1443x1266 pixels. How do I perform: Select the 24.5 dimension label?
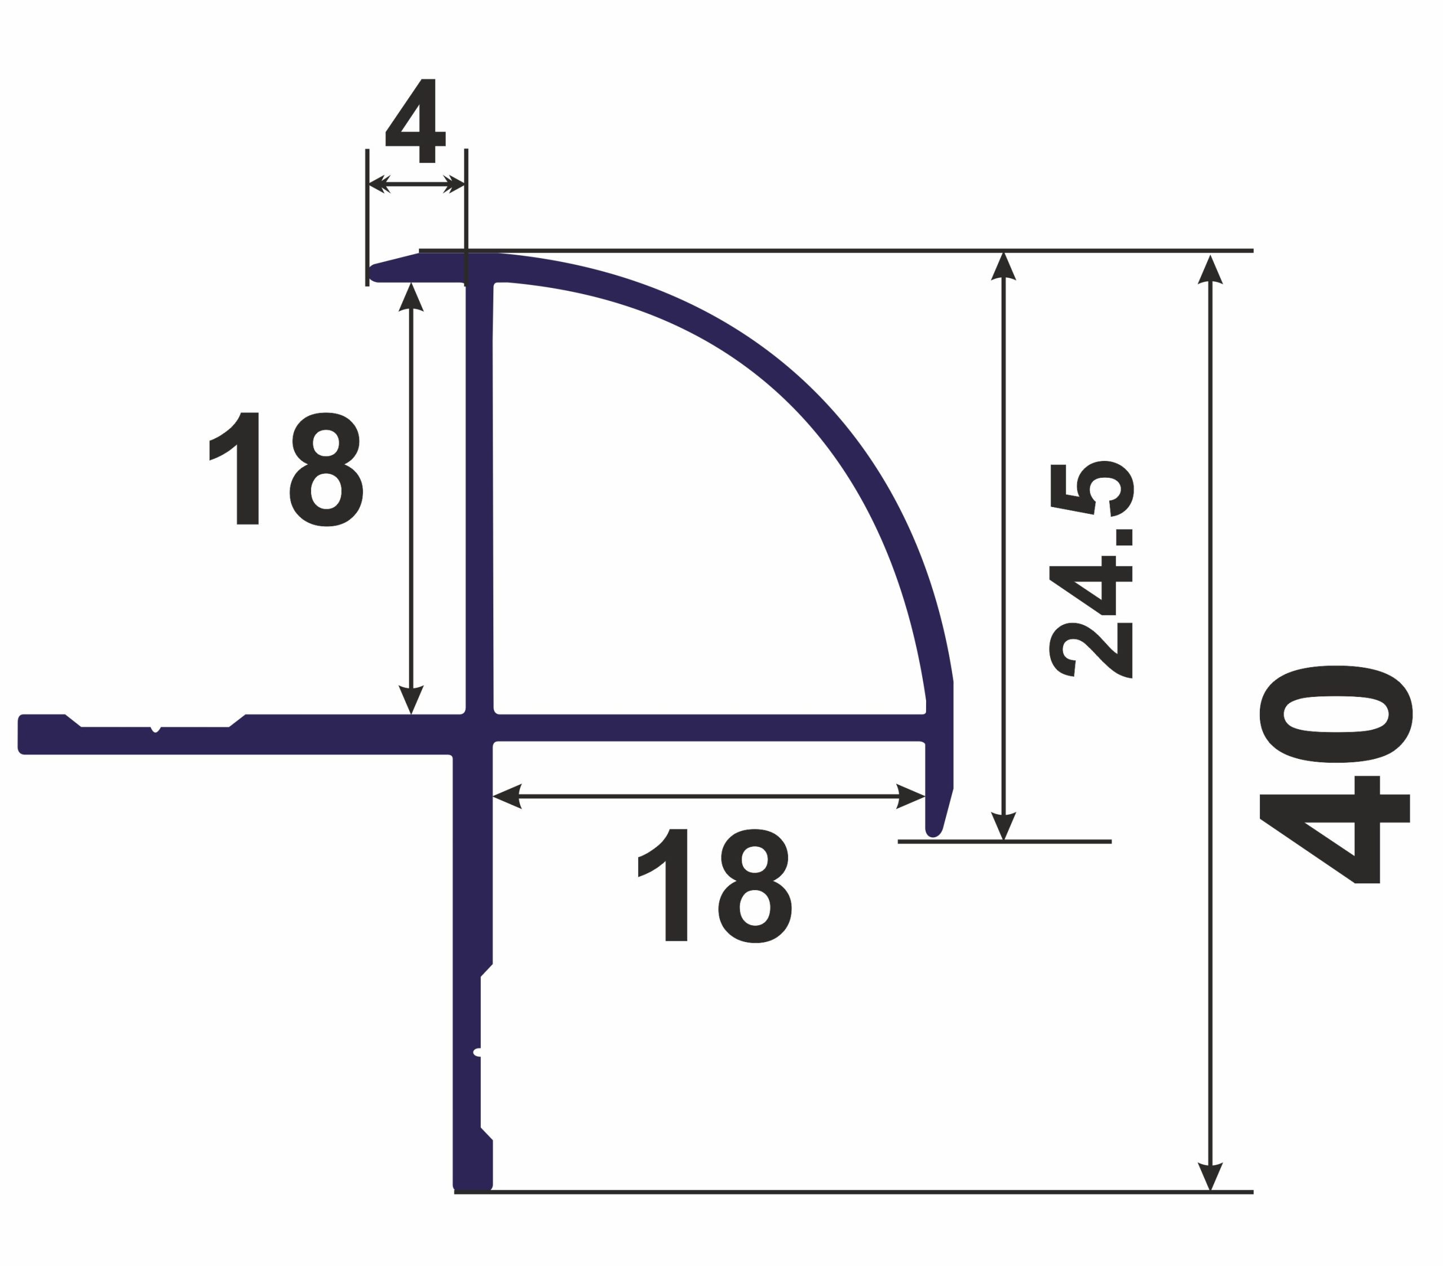(1091, 570)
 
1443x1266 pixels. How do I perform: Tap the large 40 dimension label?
(1336, 775)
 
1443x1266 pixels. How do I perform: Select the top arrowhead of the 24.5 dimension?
(1003, 266)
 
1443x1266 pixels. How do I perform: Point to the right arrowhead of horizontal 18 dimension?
(911, 796)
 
